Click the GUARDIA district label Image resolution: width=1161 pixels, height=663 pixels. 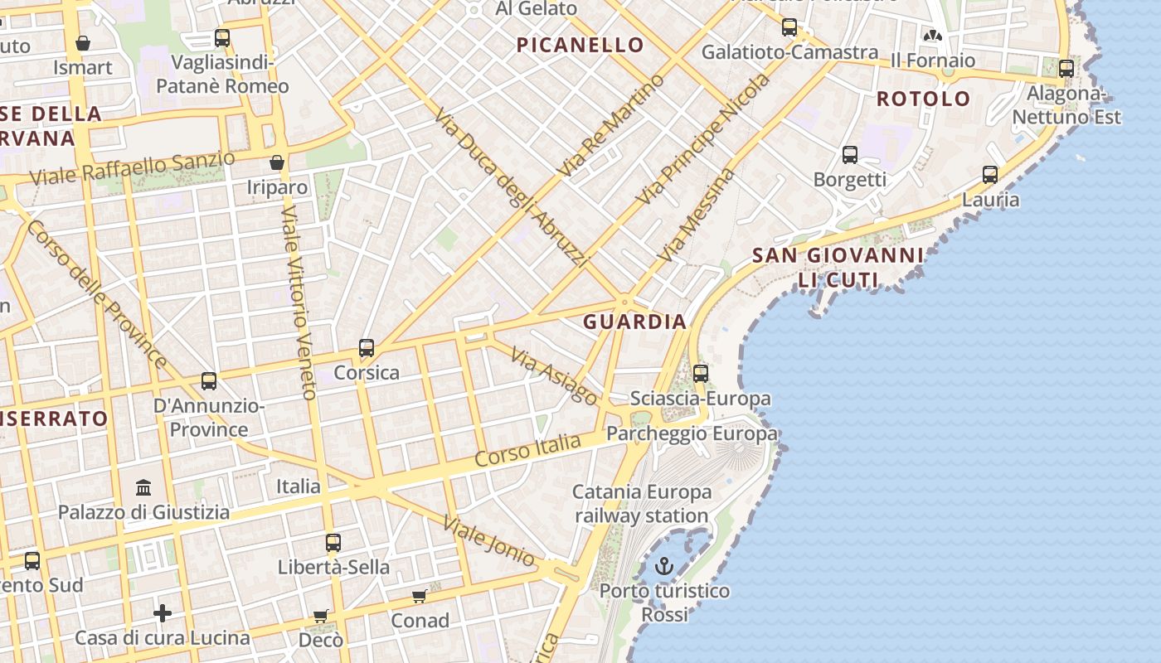[634, 322]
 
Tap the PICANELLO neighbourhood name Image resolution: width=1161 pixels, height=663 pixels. [580, 45]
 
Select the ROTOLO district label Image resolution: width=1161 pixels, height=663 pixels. [923, 99]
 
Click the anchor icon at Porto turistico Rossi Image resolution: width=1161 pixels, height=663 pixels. [663, 566]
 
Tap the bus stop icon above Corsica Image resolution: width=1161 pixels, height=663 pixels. [367, 348]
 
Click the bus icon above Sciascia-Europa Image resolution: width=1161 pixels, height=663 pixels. [701, 374]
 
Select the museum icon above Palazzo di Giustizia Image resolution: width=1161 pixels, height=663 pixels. [143, 486]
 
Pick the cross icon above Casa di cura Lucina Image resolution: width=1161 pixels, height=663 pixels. [163, 613]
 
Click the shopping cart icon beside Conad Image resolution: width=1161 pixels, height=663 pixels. [420, 597]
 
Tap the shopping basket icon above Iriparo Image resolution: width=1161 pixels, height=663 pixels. [277, 162]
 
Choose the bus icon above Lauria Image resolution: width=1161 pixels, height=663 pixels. [990, 175]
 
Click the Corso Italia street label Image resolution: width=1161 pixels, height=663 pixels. [528, 450]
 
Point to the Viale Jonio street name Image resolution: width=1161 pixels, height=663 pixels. [488, 540]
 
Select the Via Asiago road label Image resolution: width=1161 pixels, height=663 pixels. [553, 376]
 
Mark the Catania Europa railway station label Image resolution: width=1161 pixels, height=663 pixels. [642, 504]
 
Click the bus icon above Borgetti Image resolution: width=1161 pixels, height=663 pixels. [850, 155]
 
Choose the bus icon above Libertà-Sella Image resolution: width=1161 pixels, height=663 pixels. [333, 543]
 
